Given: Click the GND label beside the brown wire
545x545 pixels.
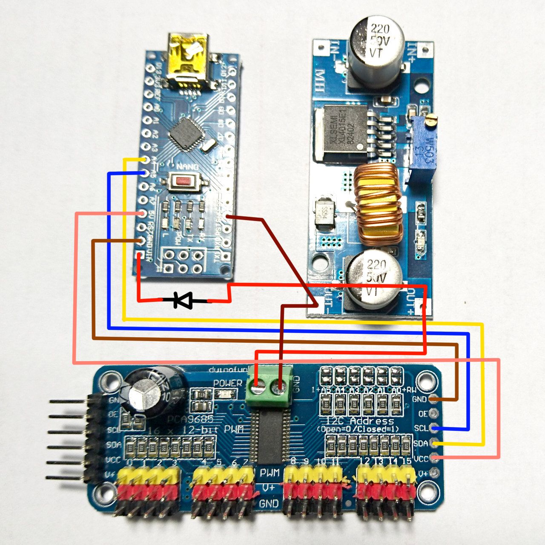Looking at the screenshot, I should click(x=419, y=399).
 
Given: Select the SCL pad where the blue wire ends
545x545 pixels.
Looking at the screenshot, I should click(x=434, y=428).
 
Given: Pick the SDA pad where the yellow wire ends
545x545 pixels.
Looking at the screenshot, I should click(x=434, y=443).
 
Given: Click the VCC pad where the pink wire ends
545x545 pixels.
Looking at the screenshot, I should click(x=434, y=458).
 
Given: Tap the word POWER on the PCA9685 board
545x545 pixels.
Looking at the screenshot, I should click(x=228, y=383).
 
